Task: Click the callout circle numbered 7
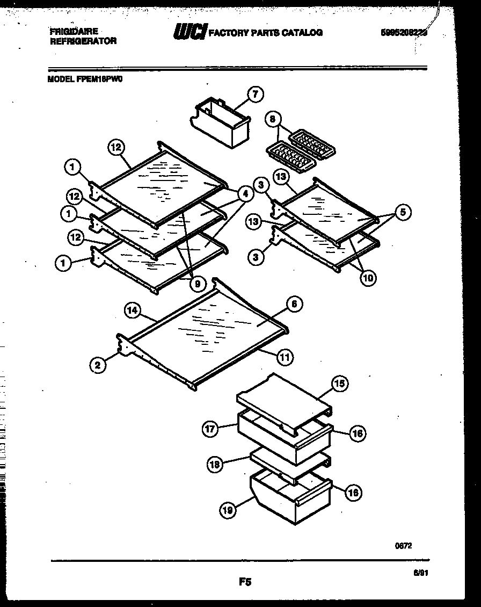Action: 254,95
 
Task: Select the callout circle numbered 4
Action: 245,194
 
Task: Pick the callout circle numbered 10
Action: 368,278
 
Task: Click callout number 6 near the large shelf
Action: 293,304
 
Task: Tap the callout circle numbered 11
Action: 285,355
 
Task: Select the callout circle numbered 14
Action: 132,310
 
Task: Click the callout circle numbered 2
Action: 98,366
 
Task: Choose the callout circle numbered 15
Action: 339,383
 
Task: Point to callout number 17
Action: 210,429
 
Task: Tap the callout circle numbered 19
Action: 228,511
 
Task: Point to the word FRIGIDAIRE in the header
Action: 74,32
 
